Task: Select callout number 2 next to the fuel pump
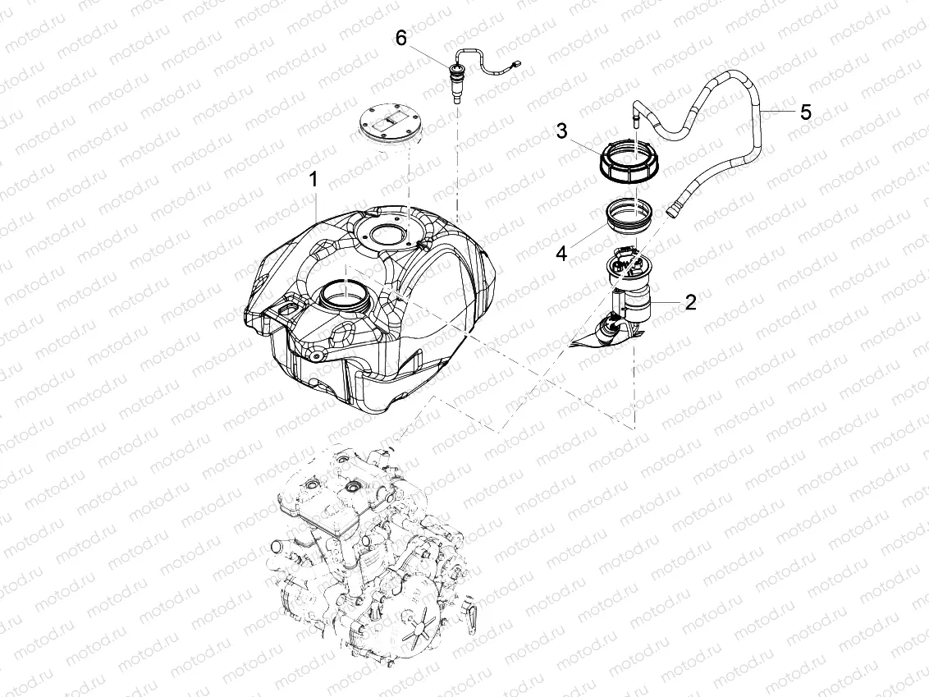tap(690, 303)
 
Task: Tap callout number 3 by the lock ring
tap(561, 131)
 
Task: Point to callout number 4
tap(561, 254)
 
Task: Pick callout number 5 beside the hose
tap(805, 112)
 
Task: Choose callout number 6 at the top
tap(400, 38)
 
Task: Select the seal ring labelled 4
tap(630, 216)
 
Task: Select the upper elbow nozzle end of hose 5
tap(636, 114)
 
